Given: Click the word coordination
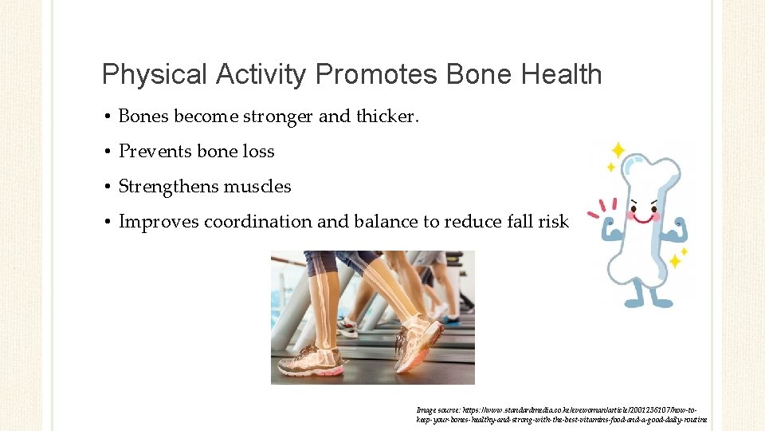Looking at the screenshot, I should tap(258, 222).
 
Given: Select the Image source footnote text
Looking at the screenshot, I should tap(561, 414).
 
